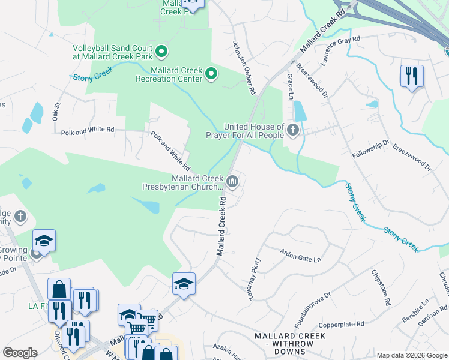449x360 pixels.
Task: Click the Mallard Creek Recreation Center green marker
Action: point(211,74)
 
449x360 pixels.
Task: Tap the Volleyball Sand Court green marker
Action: point(161,52)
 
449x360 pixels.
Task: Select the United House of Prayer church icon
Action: point(292,130)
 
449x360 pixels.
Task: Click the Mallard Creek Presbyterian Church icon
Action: point(232,179)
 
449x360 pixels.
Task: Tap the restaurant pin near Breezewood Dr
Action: point(412,76)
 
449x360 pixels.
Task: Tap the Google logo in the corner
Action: point(20,353)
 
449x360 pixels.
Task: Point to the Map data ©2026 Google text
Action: point(412,355)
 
